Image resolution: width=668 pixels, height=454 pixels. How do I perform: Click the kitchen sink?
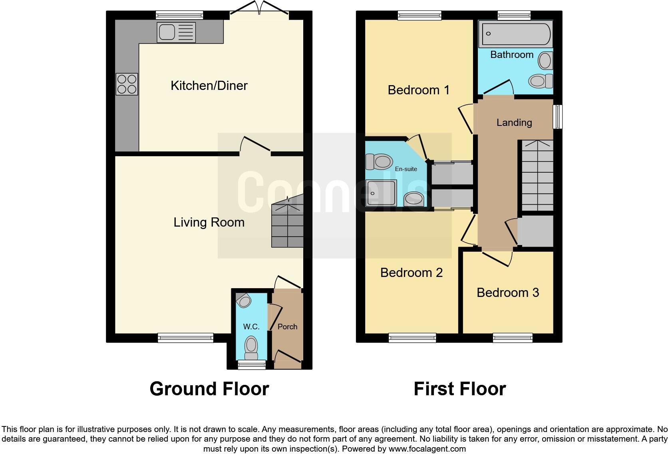pos(176,32)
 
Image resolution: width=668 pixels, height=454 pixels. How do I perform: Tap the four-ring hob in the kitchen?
pos(127,84)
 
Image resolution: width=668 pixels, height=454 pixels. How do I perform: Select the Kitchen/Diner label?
pos(209,86)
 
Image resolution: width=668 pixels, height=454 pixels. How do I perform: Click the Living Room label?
pos(209,222)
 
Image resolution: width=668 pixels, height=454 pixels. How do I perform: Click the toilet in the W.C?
pos(251,347)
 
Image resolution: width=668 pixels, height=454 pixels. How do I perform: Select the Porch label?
pos(287,327)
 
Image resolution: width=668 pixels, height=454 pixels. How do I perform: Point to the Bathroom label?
pos(511,55)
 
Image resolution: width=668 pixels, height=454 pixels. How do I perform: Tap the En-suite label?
pos(406,169)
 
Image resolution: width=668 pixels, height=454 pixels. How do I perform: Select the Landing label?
pos(514,123)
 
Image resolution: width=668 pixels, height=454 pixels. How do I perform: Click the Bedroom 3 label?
pos(507,293)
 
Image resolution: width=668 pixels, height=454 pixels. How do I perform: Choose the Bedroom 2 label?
pos(411,273)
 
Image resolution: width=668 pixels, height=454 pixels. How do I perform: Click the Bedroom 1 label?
pos(418,90)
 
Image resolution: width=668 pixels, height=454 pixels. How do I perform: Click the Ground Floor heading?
pos(209,389)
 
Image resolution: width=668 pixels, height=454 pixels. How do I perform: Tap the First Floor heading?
pos(459,389)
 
